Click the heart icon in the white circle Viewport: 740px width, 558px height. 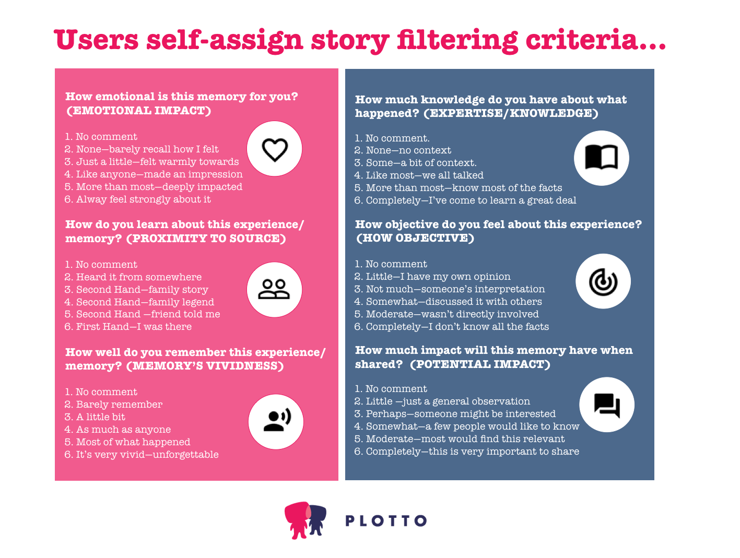pos(275,149)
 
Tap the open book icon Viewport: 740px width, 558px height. pos(601,158)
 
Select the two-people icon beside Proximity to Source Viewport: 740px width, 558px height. pos(274,289)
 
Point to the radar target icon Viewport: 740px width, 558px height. pos(603,282)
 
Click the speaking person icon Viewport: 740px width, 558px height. pos(276,421)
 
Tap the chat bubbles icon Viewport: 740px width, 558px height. pos(607,405)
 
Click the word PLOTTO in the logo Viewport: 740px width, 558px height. pos(386,520)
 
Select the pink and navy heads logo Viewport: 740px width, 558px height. pos(306,520)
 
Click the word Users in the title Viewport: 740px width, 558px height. pos(97,40)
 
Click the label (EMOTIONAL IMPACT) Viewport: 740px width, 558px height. pos(138,111)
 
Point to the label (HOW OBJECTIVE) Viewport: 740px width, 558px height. pos(415,238)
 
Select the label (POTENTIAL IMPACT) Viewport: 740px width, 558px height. pos(480,364)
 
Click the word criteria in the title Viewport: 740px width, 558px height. pos(588,40)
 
